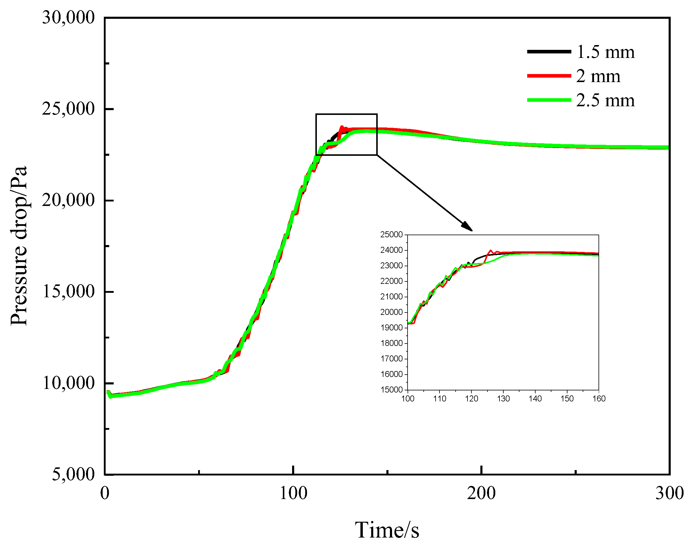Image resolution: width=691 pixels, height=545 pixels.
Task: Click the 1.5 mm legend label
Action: coord(605,52)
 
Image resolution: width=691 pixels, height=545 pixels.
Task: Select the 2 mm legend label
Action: coord(598,76)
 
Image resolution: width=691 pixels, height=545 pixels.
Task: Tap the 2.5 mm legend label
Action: coord(605,101)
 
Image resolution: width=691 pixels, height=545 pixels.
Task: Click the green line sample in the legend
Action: coord(549,100)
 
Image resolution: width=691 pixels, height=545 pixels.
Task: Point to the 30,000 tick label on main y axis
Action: coord(69,17)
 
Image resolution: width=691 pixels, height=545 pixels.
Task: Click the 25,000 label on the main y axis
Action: coord(69,109)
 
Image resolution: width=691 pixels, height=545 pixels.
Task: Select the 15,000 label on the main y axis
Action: coord(69,291)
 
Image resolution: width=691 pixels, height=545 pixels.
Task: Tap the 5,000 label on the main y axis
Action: coord(73,474)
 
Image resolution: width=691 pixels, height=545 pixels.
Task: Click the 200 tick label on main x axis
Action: coord(481,493)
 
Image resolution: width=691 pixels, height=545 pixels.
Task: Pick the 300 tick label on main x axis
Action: coord(669,493)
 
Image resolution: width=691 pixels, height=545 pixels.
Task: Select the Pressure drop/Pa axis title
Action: coord(19,246)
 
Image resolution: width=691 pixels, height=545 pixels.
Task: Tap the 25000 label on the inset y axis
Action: coord(391,235)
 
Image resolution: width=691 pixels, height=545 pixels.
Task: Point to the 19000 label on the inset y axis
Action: coord(391,328)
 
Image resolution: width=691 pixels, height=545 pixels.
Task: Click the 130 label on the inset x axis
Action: coord(503,398)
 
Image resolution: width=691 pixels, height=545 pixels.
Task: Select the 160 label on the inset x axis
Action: coord(599,398)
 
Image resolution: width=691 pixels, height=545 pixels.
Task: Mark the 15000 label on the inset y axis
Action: coord(391,389)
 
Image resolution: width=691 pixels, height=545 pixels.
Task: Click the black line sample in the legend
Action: coord(549,52)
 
